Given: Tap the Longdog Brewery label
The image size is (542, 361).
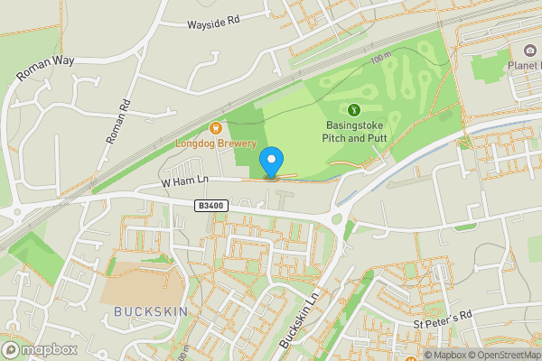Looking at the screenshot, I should pos(215,143).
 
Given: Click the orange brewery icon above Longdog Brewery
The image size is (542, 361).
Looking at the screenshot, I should pos(215,128).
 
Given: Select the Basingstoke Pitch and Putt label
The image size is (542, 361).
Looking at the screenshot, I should pos(353,132).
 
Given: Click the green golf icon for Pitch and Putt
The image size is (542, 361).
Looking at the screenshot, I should pos(353,110).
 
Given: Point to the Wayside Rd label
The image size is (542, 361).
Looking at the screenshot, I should pos(212,22).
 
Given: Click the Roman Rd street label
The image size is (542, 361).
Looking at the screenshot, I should pos(117,120).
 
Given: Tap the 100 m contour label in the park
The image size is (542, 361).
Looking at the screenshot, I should pos(379,59).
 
